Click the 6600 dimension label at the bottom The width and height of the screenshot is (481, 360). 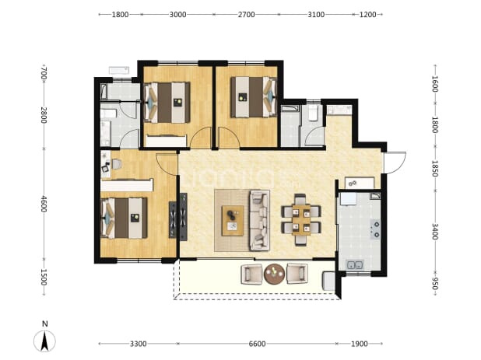click(257, 344)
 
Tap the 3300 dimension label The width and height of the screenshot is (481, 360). click(138, 344)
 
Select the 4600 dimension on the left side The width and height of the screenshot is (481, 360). click(44, 204)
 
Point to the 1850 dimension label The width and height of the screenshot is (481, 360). click(434, 169)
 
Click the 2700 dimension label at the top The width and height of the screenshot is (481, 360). click(246, 15)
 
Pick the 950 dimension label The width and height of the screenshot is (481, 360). click(434, 283)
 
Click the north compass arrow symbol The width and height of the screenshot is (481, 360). click(45, 341)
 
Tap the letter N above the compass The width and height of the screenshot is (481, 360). click(45, 323)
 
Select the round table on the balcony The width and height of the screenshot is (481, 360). click(274, 274)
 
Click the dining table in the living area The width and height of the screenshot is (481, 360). click(301, 219)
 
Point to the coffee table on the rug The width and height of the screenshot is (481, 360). click(233, 221)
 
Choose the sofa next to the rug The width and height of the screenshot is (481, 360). click(259, 220)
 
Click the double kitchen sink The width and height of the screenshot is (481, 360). click(355, 264)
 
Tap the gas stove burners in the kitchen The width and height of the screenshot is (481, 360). click(375, 229)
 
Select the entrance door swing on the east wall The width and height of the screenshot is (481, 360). click(395, 163)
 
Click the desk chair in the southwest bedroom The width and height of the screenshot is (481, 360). click(117, 164)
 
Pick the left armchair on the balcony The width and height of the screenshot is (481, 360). click(251, 274)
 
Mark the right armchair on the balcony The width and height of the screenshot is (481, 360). click(297, 274)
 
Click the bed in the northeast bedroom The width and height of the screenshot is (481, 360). click(254, 97)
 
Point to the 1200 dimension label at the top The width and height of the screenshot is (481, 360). click(367, 15)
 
